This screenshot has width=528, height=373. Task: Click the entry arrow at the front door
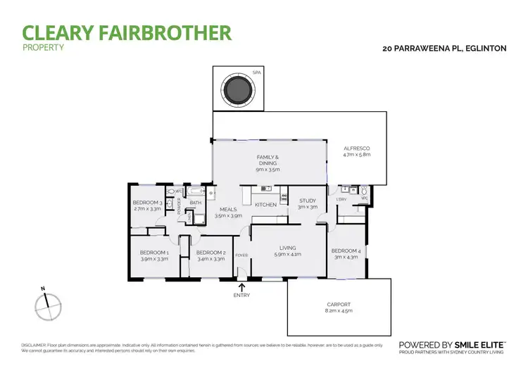point(242,286)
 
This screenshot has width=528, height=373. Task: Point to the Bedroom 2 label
point(210,253)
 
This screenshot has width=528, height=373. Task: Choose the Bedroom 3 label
point(148,203)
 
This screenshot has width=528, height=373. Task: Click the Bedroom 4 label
point(346,251)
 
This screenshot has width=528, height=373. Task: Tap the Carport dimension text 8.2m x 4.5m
point(338,310)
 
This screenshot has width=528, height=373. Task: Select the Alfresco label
point(356,148)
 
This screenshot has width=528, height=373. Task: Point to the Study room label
point(308,201)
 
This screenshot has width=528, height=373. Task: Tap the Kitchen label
point(265,205)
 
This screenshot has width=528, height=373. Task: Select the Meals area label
point(228,209)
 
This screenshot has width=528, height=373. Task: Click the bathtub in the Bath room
point(194,191)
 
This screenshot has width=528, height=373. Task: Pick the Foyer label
point(241,255)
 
